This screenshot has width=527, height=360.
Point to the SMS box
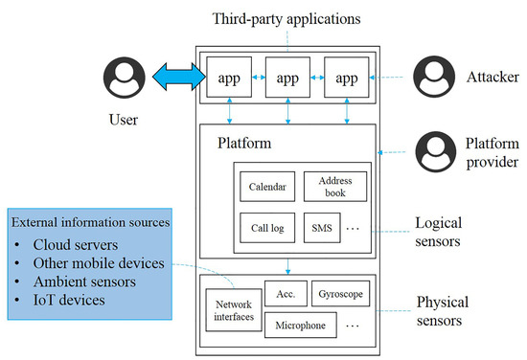coord(320,229)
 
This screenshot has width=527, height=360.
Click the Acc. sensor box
coord(284,293)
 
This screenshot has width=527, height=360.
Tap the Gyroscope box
coord(340,293)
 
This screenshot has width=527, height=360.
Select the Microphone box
coord(300,326)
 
